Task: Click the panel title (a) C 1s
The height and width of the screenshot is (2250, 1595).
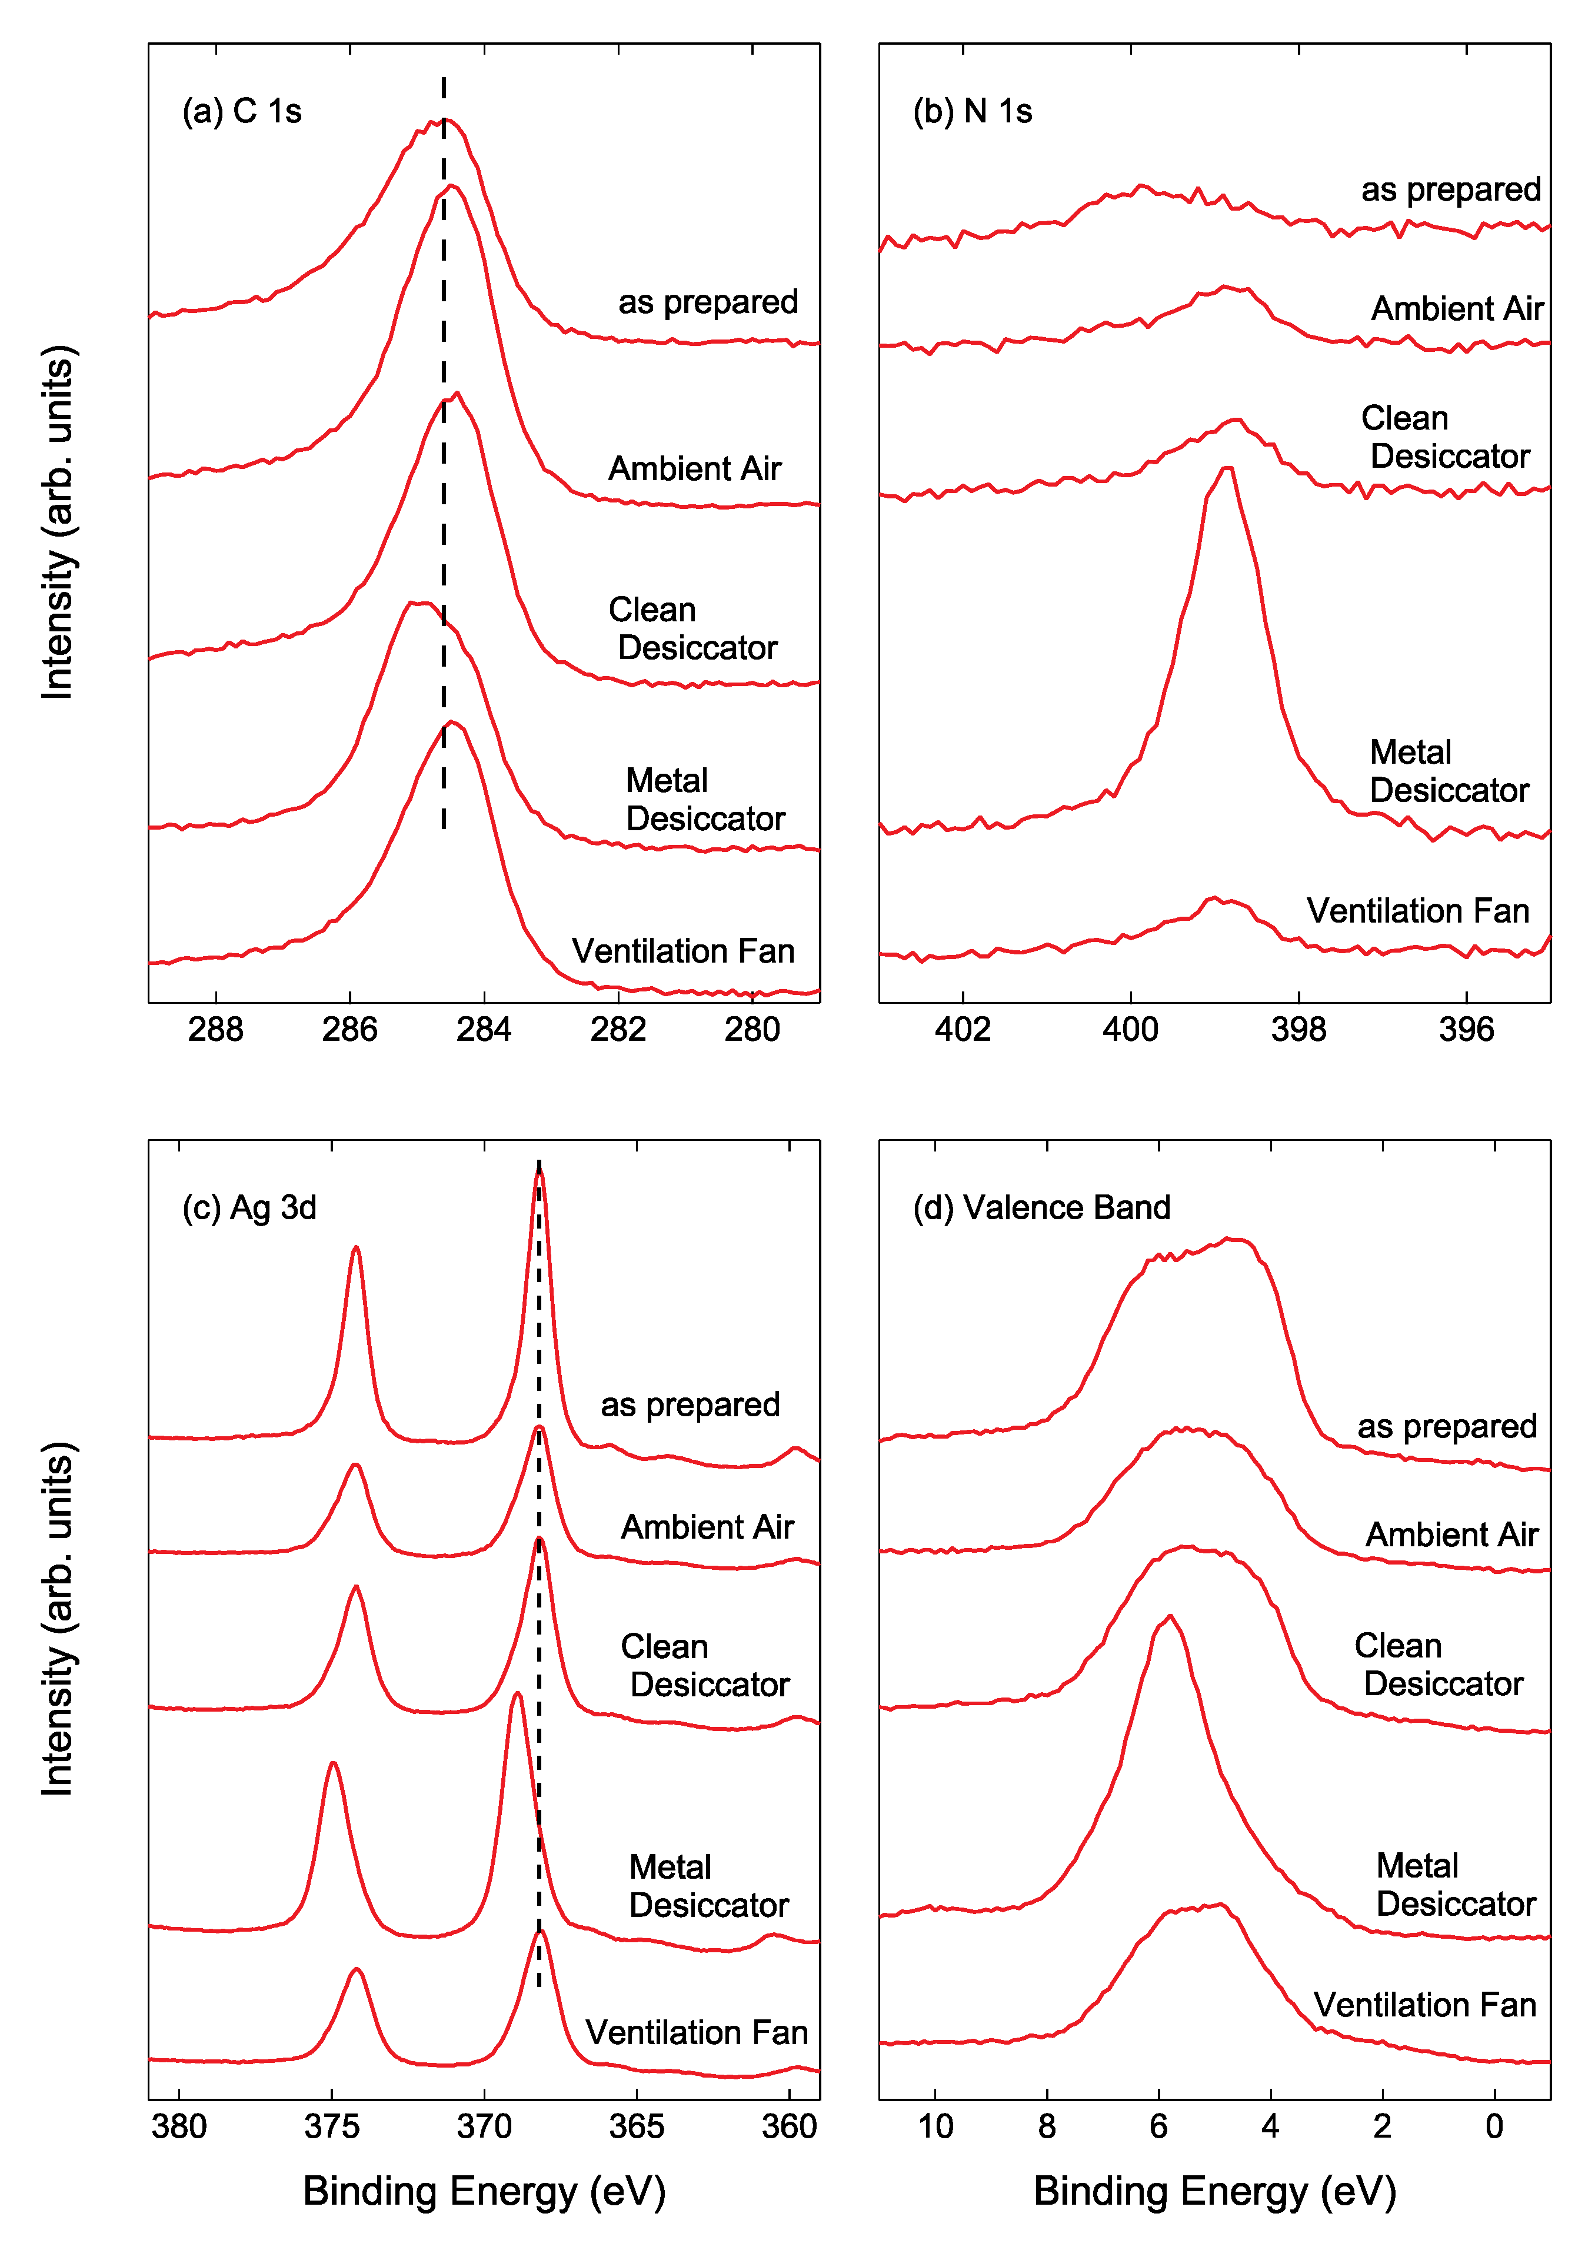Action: [x=242, y=111]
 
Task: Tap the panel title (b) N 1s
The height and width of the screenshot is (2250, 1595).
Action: [x=973, y=111]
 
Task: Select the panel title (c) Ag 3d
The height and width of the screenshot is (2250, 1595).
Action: [x=249, y=1207]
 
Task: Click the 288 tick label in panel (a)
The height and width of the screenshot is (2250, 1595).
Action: [x=215, y=1029]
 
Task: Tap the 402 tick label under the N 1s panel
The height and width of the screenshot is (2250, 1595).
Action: [x=963, y=1029]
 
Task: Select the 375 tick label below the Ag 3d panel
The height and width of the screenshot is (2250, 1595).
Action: [x=332, y=2126]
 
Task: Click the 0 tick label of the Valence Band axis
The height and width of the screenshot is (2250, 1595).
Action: [x=1494, y=2126]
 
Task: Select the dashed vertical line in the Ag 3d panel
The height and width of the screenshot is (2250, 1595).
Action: [x=538, y=1572]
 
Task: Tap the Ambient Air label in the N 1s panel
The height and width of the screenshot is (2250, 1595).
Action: [x=1457, y=308]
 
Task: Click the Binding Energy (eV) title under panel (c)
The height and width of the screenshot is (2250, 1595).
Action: [x=484, y=2191]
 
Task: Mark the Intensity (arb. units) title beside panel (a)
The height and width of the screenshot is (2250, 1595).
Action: [x=57, y=522]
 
